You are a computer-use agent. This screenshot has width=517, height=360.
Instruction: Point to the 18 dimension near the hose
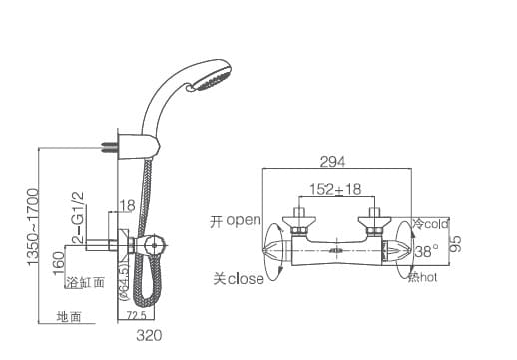[x=127, y=206]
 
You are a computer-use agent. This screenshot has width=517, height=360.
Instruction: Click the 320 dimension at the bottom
[x=148, y=335]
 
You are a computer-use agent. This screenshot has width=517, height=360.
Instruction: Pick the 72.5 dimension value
[x=136, y=317]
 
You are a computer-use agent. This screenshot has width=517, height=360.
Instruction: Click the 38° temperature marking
[x=426, y=251]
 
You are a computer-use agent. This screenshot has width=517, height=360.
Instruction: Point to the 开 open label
[x=236, y=220]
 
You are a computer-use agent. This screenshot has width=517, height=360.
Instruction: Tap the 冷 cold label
[x=431, y=224]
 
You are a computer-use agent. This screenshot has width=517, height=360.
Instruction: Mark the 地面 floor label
[x=69, y=317]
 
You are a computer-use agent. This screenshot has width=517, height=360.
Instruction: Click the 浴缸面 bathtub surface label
[x=84, y=283]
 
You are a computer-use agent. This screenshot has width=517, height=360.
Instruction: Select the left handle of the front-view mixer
[x=276, y=249]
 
